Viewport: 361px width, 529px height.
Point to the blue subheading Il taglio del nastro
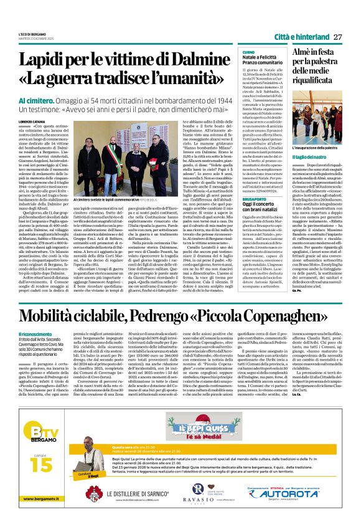(x=311, y=156)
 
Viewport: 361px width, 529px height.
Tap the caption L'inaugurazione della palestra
(x=317, y=147)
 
